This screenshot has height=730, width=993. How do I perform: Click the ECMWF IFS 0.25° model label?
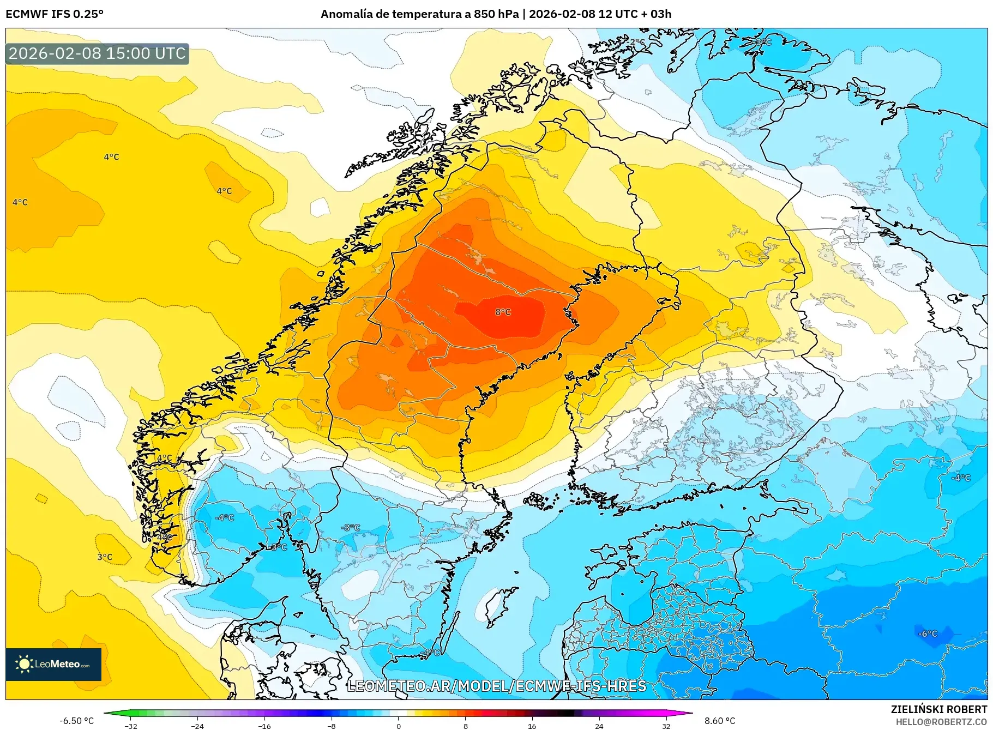tap(55, 14)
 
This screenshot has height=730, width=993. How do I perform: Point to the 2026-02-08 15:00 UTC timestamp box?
tap(97, 53)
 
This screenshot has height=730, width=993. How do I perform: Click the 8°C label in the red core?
tap(503, 312)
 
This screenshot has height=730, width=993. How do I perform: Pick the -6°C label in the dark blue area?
tap(927, 634)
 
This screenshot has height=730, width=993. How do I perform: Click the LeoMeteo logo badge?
tap(53, 664)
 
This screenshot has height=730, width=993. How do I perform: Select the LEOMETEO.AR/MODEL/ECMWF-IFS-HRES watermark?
tap(496, 686)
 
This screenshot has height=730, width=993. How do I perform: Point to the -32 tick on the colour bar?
tap(131, 726)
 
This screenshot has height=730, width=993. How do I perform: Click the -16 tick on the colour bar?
tap(264, 726)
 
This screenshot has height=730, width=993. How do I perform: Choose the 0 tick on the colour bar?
tap(399, 726)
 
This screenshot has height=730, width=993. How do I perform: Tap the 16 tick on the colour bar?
tap(532, 726)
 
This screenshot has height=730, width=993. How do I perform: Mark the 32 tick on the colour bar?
tap(666, 726)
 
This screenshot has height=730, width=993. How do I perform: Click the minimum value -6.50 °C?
tap(76, 721)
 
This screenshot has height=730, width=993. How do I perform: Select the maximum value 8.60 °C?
tap(720, 721)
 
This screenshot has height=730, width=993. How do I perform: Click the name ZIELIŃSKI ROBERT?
tap(939, 709)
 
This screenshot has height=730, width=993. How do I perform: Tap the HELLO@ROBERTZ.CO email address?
tap(941, 722)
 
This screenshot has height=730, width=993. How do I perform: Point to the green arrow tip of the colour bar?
tap(106, 713)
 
